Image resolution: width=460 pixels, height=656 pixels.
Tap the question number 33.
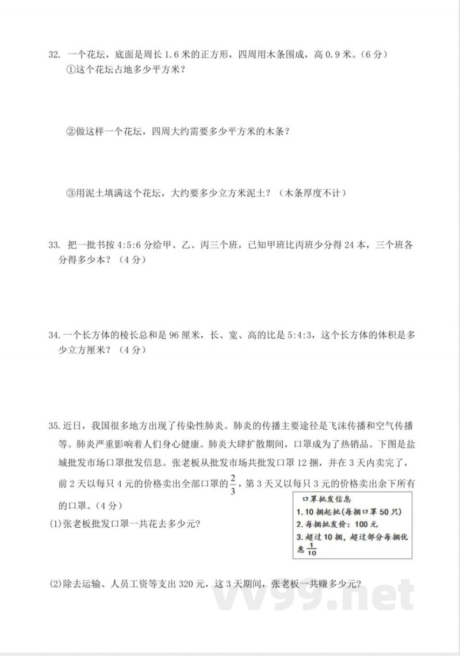54,245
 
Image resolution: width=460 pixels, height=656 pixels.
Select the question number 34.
54,335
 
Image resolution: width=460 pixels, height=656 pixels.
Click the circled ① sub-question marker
71,70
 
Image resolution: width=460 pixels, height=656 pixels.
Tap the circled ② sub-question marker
71,132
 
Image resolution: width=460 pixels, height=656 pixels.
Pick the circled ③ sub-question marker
71,193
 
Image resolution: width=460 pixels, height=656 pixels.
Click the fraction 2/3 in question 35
233,484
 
